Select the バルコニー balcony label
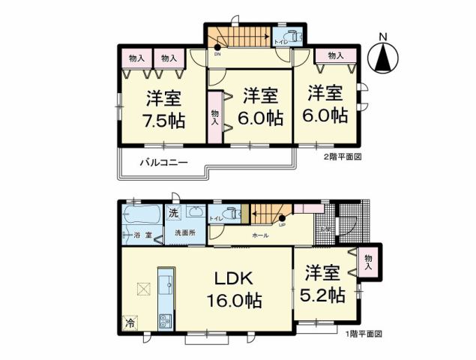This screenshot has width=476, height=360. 161,163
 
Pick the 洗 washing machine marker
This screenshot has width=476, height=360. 173,212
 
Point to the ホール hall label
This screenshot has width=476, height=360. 260,235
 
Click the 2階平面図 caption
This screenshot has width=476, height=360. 343,157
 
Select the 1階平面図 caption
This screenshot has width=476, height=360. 364,334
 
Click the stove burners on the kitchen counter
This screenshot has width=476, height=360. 164,323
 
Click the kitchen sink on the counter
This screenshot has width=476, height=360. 165,281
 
